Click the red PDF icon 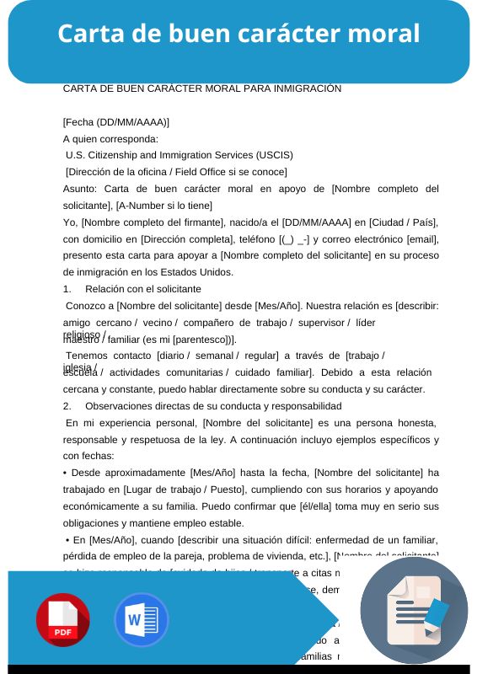(x=62, y=620)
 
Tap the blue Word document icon (x=142, y=620)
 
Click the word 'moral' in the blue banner (x=384, y=34)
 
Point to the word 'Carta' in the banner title (x=88, y=34)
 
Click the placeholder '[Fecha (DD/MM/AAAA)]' (x=116, y=122)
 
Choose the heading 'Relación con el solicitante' (x=143, y=289)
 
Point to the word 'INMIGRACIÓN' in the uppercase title (x=305, y=88)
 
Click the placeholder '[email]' (x=421, y=239)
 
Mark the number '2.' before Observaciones (x=68, y=406)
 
